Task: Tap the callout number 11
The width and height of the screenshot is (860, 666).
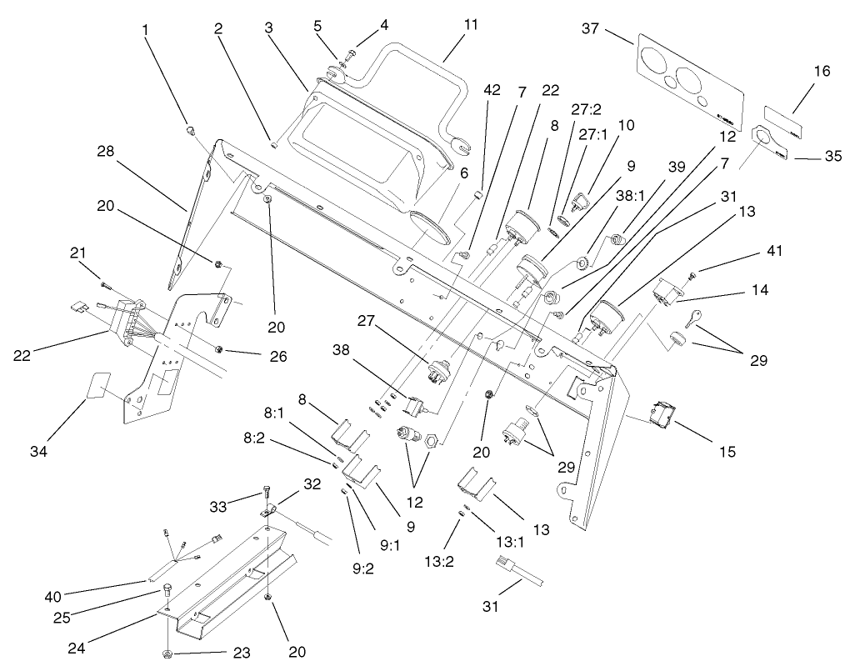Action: [x=471, y=25]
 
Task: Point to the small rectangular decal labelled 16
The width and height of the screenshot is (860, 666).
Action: [x=786, y=121]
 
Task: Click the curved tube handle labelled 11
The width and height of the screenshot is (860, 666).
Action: [x=417, y=71]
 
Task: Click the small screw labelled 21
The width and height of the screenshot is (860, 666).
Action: [x=106, y=285]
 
